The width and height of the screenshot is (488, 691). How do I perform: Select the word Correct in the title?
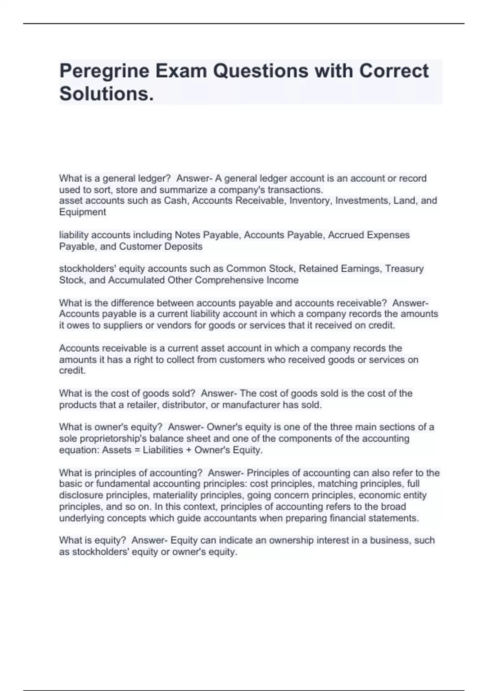point(394,71)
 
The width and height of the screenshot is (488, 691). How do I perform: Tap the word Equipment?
point(83,212)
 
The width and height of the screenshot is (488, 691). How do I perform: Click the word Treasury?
point(404,269)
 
